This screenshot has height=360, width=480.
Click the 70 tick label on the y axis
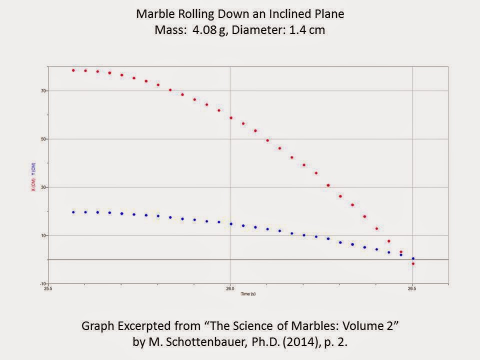pos(43,91)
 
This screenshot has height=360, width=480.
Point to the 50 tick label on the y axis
pos(43,139)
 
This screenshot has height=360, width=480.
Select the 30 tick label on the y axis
pos(43,187)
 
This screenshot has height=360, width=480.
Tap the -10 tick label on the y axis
pos(43,284)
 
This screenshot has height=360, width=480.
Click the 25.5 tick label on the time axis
pos(48,289)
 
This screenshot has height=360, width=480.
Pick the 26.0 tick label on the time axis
pos(230,289)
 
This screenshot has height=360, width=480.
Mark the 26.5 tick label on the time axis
pos(412,289)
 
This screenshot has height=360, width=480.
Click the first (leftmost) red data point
pos(73,70)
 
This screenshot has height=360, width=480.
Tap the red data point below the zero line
pos(413,263)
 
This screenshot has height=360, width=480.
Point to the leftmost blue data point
pos(73,212)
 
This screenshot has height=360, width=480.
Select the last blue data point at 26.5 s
pos(413,258)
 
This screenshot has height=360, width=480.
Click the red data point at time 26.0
pos(231,118)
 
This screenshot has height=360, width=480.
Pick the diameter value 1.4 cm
pos(306,30)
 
